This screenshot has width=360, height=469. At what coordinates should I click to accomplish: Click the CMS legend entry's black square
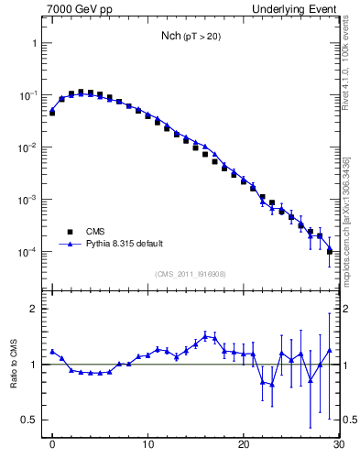pyautogui.click(x=68, y=232)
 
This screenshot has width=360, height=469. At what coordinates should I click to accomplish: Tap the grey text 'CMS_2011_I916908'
pyautogui.click(x=191, y=274)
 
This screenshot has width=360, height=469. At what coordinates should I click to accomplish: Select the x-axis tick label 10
pyautogui.click(x=148, y=446)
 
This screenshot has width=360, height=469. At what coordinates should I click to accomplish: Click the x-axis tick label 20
pyautogui.click(x=244, y=446)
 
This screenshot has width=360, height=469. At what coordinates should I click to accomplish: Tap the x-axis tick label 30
pyautogui.click(x=338, y=446)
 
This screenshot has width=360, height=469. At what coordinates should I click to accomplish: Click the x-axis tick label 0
pyautogui.click(x=52, y=446)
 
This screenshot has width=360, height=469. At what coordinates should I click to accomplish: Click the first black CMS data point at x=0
pyautogui.click(x=52, y=113)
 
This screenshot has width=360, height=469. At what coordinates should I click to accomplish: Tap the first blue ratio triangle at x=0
pyautogui.click(x=52, y=351)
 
